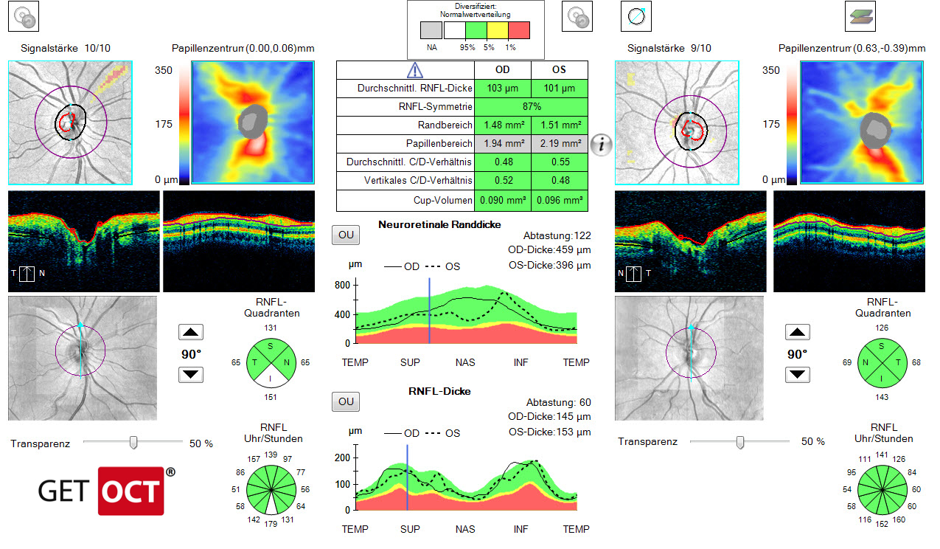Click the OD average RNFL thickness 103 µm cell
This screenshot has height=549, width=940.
(x=503, y=89)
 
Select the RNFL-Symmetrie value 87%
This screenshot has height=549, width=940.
(x=531, y=107)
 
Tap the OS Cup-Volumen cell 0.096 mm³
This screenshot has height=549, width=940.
(x=559, y=200)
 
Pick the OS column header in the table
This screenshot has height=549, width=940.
(x=559, y=70)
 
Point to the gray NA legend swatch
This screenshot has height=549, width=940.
(x=431, y=30)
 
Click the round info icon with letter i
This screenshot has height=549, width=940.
(x=602, y=145)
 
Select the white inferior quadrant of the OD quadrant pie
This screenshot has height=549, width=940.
(x=271, y=376)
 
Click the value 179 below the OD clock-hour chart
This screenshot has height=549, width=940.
(x=271, y=525)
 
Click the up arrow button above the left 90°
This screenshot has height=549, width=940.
(x=191, y=333)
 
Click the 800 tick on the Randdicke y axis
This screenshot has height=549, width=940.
(x=341, y=285)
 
